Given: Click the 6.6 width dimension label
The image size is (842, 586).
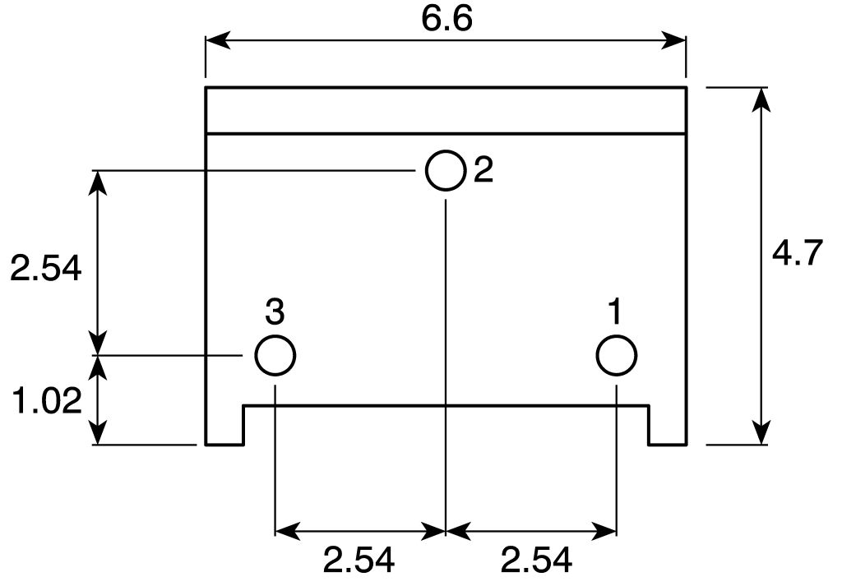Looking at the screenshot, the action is (446, 20).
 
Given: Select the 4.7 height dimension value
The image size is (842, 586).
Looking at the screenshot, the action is (797, 254).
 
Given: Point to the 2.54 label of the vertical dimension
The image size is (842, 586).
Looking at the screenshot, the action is (46, 268).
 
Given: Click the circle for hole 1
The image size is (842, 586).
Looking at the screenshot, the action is (616, 356).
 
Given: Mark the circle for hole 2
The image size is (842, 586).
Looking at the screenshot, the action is (446, 170).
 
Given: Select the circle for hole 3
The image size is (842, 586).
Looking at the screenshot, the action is (275, 356).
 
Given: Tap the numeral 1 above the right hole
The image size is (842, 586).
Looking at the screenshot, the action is (615, 312).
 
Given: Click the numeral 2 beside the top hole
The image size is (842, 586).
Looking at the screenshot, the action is (483, 170).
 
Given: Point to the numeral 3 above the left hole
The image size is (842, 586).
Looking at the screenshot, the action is (275, 312).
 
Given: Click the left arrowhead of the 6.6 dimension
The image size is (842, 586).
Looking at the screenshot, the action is (214, 39).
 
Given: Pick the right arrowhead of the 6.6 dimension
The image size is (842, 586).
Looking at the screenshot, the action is (677, 39).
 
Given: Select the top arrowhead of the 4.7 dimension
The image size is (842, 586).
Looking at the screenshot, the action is (762, 97).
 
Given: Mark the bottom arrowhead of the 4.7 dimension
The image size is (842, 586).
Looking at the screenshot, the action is (762, 435).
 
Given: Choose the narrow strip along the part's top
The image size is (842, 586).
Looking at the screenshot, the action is (446, 110).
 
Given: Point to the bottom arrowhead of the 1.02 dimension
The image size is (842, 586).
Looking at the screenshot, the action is (99, 435).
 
